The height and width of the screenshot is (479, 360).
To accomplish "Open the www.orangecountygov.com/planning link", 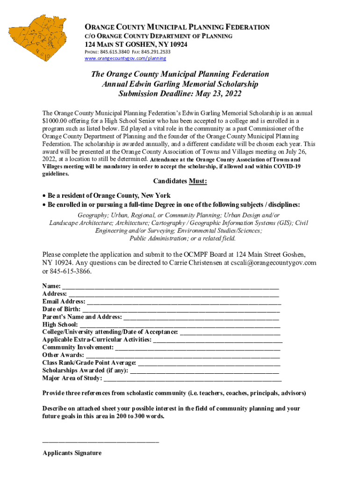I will point(125,59).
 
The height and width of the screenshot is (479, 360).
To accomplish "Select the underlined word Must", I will point(198,181).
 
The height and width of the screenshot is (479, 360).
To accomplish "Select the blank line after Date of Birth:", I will point(180,310).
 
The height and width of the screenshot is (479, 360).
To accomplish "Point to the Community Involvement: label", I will point(78,348).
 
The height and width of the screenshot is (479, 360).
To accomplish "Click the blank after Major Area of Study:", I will point(192,378).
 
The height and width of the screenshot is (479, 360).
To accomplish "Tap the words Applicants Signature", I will point(72,453).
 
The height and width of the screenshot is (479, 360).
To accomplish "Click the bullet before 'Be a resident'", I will point(44,196).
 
